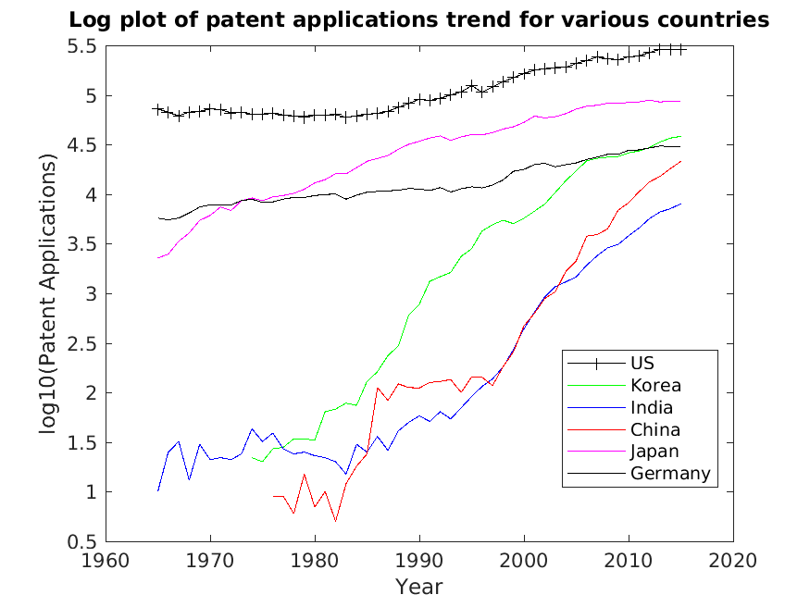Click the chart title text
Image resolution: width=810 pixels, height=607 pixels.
(x=419, y=19)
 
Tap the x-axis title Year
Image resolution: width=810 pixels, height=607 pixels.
(x=419, y=587)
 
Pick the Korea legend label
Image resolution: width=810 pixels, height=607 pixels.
(x=655, y=385)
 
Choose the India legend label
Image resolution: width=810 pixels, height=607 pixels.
(x=651, y=407)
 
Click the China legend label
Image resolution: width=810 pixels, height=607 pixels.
(x=654, y=429)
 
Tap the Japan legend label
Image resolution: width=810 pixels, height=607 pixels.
(x=654, y=452)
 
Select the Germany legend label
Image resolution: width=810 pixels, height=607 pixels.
(x=670, y=474)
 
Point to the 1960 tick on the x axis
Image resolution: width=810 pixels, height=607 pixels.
(x=106, y=560)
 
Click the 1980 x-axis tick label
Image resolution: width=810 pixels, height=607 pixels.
(x=315, y=560)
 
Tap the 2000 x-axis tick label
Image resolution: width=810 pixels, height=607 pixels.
(x=524, y=560)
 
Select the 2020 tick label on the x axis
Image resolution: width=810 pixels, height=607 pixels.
(x=733, y=560)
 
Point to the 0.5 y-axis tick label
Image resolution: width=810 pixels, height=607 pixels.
(x=83, y=541)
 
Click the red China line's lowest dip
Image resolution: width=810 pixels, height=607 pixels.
(x=336, y=521)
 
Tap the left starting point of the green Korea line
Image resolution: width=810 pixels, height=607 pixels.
(x=252, y=457)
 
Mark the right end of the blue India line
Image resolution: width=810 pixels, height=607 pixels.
(x=681, y=204)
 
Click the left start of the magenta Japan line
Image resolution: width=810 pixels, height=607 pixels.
(x=158, y=258)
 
